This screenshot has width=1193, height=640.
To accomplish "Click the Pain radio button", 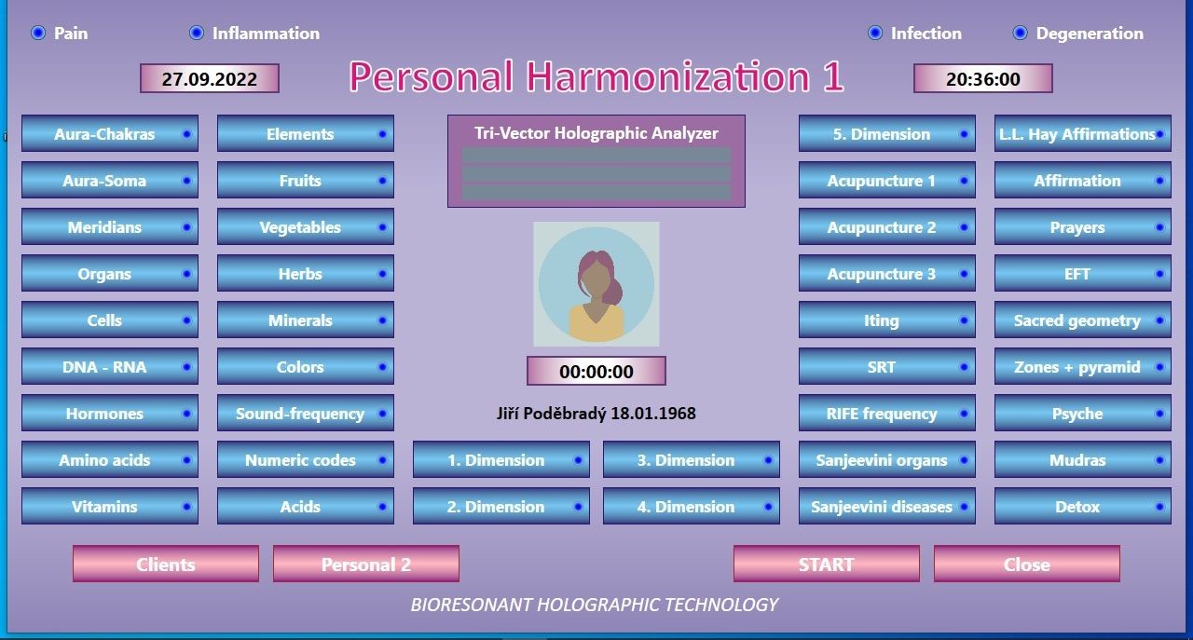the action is (x=38, y=33).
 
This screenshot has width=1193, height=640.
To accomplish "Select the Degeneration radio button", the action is (x=1020, y=33).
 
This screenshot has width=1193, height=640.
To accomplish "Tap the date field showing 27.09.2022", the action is (x=210, y=79).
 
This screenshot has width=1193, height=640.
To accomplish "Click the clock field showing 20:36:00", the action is (x=982, y=79).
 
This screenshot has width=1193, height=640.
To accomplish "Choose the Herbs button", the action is (x=305, y=274).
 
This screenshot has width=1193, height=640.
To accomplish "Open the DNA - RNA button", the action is (x=110, y=367).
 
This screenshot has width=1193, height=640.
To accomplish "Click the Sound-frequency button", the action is (x=305, y=414).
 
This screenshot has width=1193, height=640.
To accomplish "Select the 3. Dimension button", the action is (x=692, y=460).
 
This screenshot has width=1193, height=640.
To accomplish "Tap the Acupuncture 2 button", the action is (x=886, y=227).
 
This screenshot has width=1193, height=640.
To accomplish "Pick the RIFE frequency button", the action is (x=886, y=414).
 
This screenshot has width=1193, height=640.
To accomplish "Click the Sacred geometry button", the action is (x=1083, y=320).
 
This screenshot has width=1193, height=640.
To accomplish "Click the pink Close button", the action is (x=1027, y=564).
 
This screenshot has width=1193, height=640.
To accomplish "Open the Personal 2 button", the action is (x=366, y=564).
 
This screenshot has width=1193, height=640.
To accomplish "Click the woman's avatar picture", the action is (x=596, y=284).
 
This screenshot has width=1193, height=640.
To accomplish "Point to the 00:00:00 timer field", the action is (x=596, y=371).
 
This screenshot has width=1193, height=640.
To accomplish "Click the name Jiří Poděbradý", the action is (x=552, y=414).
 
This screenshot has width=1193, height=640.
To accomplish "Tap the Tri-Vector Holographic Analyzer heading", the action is (x=596, y=133).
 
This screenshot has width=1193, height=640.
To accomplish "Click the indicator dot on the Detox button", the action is (x=1159, y=507).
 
